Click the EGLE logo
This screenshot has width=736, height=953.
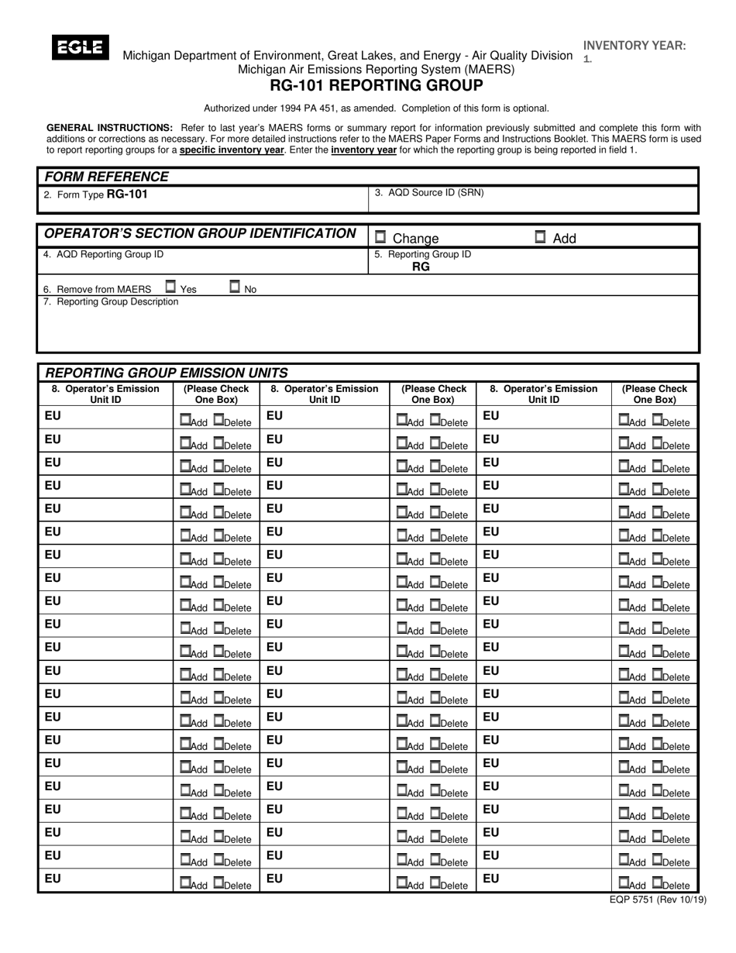click(x=80, y=48)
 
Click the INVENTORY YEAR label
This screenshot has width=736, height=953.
click(x=634, y=46)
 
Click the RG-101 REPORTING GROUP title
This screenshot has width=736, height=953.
click(x=376, y=85)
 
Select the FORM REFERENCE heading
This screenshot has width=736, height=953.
click(x=106, y=177)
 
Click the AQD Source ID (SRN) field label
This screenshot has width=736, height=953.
click(x=429, y=193)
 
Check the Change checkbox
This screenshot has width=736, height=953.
click(x=380, y=237)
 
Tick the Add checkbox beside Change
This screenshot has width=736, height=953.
click(x=541, y=237)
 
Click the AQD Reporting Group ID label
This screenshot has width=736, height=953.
click(x=104, y=253)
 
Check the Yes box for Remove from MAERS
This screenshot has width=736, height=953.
click(x=170, y=287)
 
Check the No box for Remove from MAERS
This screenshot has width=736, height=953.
click(x=235, y=287)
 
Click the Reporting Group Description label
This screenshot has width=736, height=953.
click(x=111, y=301)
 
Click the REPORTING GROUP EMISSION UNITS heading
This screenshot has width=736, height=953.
click(x=166, y=373)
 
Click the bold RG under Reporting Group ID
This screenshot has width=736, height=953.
click(x=421, y=267)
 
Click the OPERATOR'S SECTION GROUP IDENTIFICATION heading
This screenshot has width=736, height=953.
click(x=200, y=233)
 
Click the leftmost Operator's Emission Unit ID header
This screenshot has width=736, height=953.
click(x=105, y=394)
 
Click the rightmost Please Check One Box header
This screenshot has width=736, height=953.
click(x=655, y=394)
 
